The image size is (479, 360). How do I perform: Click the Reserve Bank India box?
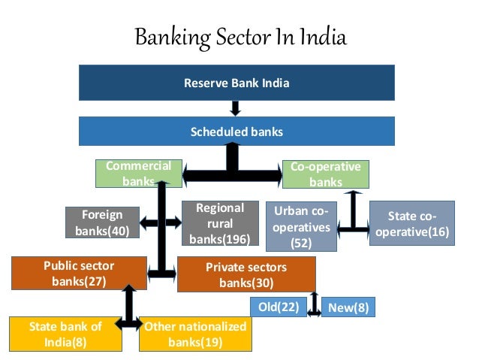(236, 83)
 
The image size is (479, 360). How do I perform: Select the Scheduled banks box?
(236, 132)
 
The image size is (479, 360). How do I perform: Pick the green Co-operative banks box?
(325, 174)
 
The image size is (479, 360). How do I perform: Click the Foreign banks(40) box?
(104, 223)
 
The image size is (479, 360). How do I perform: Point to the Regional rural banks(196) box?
(219, 224)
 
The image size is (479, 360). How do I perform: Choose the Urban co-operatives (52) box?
(302, 226)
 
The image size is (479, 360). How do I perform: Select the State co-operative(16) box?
(411, 223)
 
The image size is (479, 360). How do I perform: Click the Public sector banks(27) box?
(79, 274)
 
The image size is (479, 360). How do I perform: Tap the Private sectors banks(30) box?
(246, 274)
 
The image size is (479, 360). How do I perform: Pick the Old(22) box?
(278, 307)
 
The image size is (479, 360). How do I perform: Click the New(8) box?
(348, 307)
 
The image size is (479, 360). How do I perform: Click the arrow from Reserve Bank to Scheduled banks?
(235, 108)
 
